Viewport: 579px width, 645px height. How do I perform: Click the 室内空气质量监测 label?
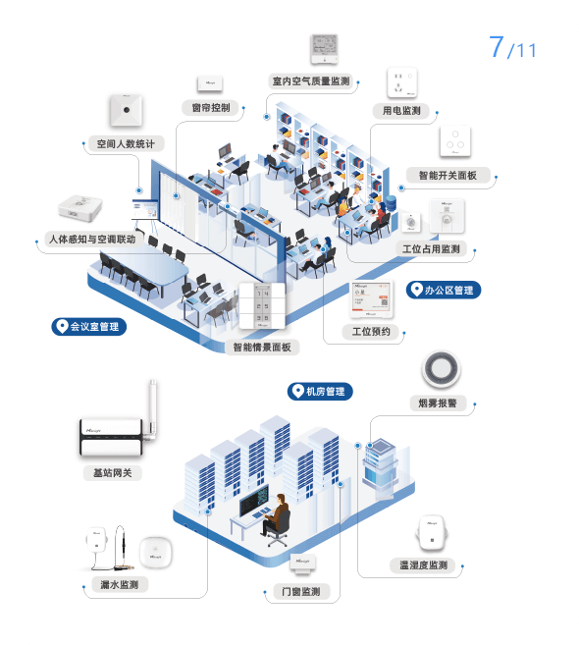(311, 81)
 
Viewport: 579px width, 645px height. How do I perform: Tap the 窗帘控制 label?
(211, 108)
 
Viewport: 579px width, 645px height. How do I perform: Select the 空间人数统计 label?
(126, 144)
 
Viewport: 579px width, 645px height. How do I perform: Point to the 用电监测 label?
(401, 111)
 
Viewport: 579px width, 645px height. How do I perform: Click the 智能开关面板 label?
(447, 175)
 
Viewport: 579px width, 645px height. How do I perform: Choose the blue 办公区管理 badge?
(444, 290)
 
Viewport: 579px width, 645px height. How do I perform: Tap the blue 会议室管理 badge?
(89, 327)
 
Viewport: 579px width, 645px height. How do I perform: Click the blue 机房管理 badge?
(320, 391)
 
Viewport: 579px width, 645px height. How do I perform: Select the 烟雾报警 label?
(438, 403)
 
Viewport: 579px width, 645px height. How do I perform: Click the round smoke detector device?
(441, 369)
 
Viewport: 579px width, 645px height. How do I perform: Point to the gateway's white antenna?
(152, 407)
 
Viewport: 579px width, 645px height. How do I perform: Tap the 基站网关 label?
(113, 473)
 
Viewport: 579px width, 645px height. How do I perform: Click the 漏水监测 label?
(120, 584)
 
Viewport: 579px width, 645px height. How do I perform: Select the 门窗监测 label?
(301, 592)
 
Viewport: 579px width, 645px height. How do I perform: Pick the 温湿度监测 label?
(424, 565)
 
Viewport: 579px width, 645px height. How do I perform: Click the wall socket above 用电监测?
(402, 83)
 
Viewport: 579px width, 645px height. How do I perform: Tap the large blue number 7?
(497, 46)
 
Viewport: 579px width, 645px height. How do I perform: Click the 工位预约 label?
(371, 332)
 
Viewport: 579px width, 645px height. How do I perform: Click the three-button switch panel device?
(455, 140)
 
